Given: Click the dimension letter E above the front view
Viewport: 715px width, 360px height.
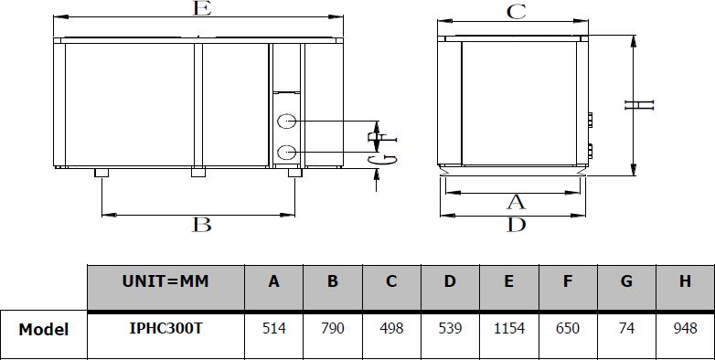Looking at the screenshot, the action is click(x=202, y=8).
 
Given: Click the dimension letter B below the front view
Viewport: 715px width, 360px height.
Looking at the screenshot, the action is click(x=201, y=225).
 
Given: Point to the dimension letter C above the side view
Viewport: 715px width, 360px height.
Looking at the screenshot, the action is click(x=517, y=12).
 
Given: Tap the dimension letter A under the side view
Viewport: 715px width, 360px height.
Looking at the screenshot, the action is click(x=516, y=202).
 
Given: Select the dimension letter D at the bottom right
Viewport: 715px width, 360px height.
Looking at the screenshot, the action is click(x=517, y=225).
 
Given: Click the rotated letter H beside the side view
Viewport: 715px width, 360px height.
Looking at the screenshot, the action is click(x=639, y=105).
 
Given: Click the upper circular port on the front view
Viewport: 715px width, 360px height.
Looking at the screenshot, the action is click(x=287, y=122).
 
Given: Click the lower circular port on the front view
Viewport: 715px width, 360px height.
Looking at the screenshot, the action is click(x=287, y=153).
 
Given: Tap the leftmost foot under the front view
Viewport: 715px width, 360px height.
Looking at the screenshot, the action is click(x=101, y=173).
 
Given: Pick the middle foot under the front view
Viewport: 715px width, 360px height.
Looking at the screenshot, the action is click(x=198, y=173).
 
